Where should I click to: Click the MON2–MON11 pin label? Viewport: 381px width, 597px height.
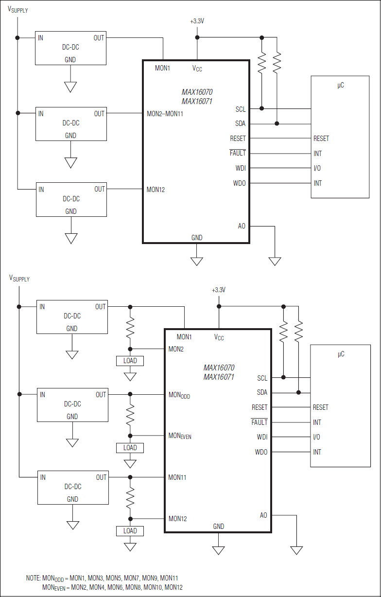coord(165,114)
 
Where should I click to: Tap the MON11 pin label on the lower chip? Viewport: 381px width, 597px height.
coord(177,477)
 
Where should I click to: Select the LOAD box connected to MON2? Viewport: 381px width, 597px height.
coord(130,361)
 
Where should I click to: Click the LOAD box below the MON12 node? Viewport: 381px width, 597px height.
coord(130,531)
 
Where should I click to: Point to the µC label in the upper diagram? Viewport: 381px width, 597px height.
coord(341,85)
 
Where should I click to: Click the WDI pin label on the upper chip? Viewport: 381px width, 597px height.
coord(241,168)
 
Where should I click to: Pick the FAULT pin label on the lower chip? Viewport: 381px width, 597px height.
coord(259,422)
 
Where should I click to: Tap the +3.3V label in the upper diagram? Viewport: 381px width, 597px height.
coord(197,21)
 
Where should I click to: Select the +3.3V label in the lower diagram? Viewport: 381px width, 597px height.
coord(219,290)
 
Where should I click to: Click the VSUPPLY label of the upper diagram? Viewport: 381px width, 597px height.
coord(18,10)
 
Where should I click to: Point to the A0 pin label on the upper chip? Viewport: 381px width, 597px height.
coord(242,226)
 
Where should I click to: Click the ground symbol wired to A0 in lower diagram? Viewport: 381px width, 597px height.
coord(296,550)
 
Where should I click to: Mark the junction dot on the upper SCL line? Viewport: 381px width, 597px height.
coord(261,108)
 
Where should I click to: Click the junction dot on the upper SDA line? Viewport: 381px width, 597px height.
coord(277,123)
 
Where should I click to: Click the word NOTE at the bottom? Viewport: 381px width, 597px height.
coord(33,578)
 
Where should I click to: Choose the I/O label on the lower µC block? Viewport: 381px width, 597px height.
coord(317,437)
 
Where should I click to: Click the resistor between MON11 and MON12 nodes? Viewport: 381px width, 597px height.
coord(130,498)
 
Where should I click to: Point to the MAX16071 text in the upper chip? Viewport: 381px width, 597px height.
coord(197,101)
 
